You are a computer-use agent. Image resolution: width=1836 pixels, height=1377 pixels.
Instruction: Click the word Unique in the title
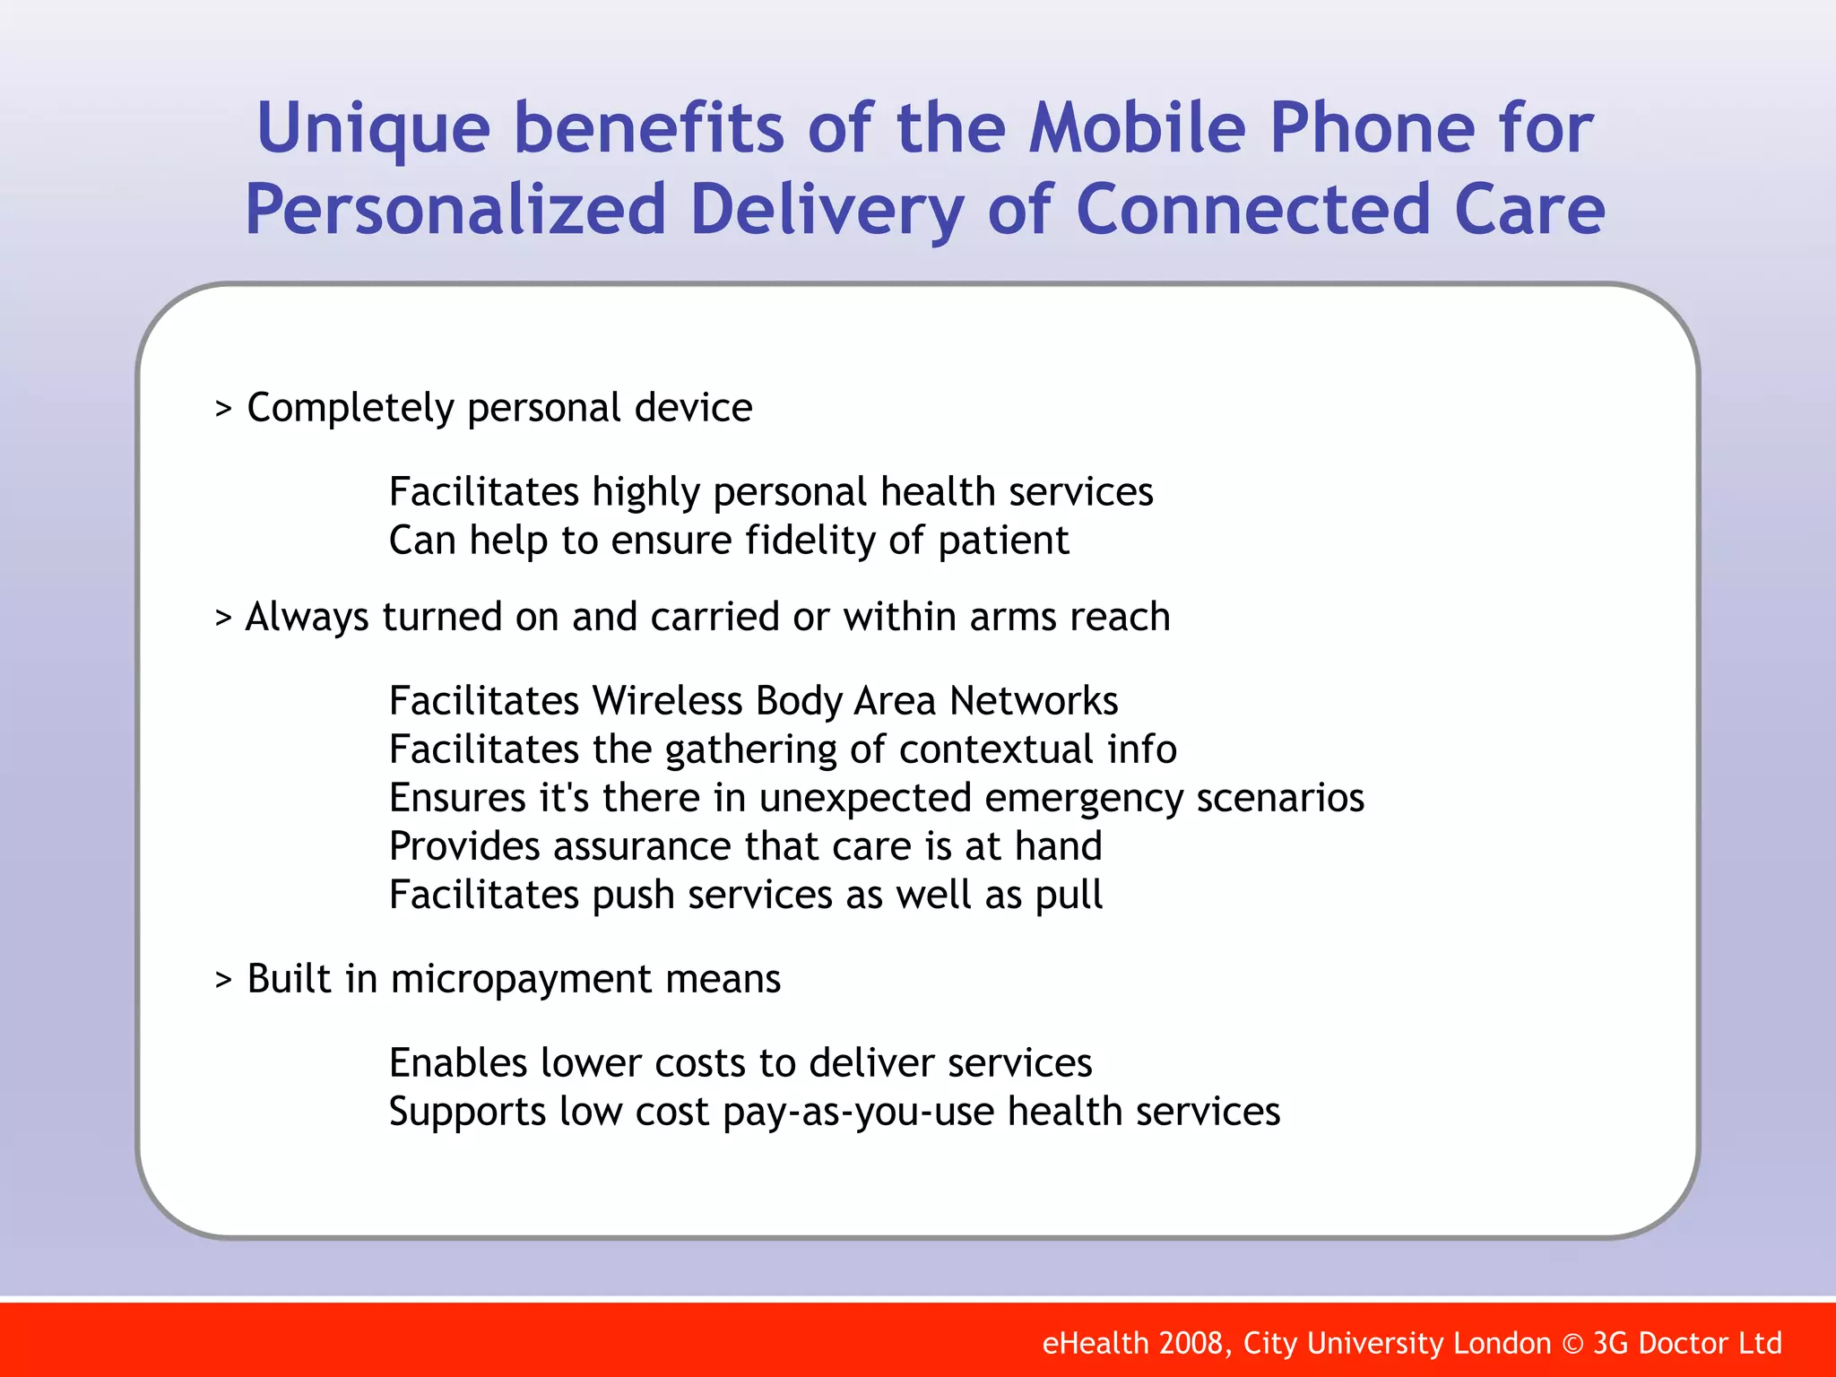pos(373,128)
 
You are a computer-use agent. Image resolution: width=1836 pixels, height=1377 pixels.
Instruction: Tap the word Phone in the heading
pos(1372,128)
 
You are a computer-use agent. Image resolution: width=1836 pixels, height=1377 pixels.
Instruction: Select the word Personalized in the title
pos(455,210)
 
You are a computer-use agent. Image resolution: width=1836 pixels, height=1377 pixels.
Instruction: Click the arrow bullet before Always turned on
pos(223,619)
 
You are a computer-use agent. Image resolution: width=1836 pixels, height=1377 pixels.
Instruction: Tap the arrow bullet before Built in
pos(223,981)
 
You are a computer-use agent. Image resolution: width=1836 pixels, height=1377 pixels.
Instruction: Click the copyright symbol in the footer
pos(1572,1344)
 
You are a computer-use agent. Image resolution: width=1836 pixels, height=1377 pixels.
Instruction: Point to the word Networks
pos(1034,701)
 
